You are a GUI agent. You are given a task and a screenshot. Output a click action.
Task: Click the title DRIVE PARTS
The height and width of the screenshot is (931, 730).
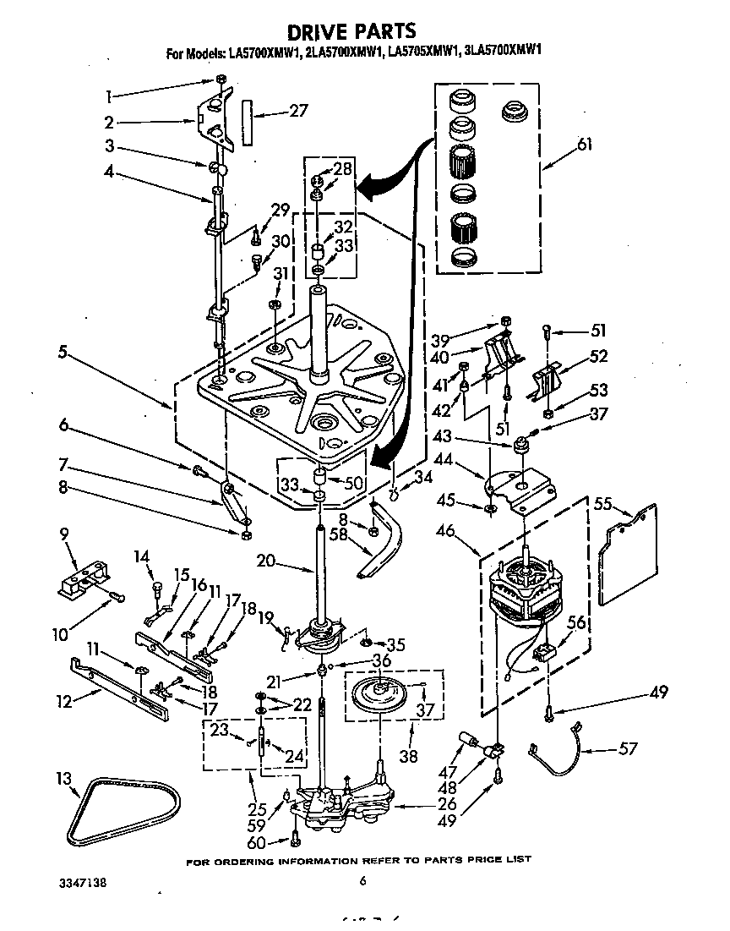point(352,32)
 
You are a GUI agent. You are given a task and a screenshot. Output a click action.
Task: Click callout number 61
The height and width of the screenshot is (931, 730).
point(584,145)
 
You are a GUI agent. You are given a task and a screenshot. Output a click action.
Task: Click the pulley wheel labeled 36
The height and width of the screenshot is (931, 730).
point(384,692)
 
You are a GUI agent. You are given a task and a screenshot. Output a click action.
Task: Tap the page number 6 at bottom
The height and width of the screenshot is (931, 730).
point(362,881)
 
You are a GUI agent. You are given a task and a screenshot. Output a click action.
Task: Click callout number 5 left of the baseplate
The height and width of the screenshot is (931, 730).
point(63,353)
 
